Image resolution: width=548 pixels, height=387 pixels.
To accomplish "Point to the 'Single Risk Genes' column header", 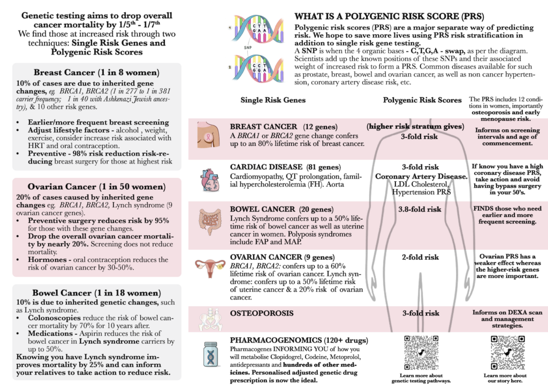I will pyautogui.click(x=273, y=100).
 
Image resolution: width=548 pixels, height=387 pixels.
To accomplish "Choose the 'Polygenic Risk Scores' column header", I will pyautogui.click(x=422, y=100).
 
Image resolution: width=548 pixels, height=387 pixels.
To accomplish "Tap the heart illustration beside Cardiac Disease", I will pyautogui.click(x=208, y=180).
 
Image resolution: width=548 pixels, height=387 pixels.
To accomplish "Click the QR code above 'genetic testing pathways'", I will pyautogui.click(x=422, y=353).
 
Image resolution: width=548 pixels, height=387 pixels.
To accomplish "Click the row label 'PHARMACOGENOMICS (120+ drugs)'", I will pyautogui.click(x=299, y=340).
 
